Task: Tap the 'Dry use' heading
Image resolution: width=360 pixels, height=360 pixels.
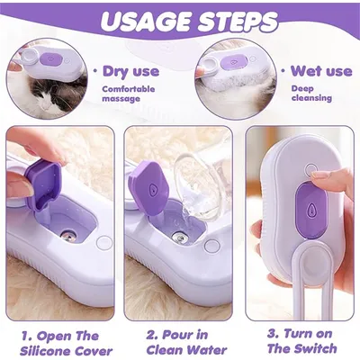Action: point(130,71)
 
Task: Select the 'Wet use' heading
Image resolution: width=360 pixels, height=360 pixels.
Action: point(321,71)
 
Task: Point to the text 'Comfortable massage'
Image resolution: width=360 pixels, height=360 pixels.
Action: point(129,94)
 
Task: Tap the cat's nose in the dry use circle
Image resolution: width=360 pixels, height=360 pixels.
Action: point(46,105)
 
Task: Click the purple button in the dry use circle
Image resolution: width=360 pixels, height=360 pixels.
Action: point(50,59)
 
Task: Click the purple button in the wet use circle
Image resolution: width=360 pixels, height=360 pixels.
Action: point(234,63)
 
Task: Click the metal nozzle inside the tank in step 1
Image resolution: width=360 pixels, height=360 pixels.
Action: point(69,235)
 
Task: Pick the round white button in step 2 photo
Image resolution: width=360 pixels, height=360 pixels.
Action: point(212,245)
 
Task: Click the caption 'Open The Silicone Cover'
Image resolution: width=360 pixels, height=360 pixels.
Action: point(67,343)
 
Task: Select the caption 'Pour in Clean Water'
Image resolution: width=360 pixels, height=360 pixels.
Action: point(186,342)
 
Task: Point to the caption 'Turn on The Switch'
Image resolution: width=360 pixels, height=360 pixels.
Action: point(301,341)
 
